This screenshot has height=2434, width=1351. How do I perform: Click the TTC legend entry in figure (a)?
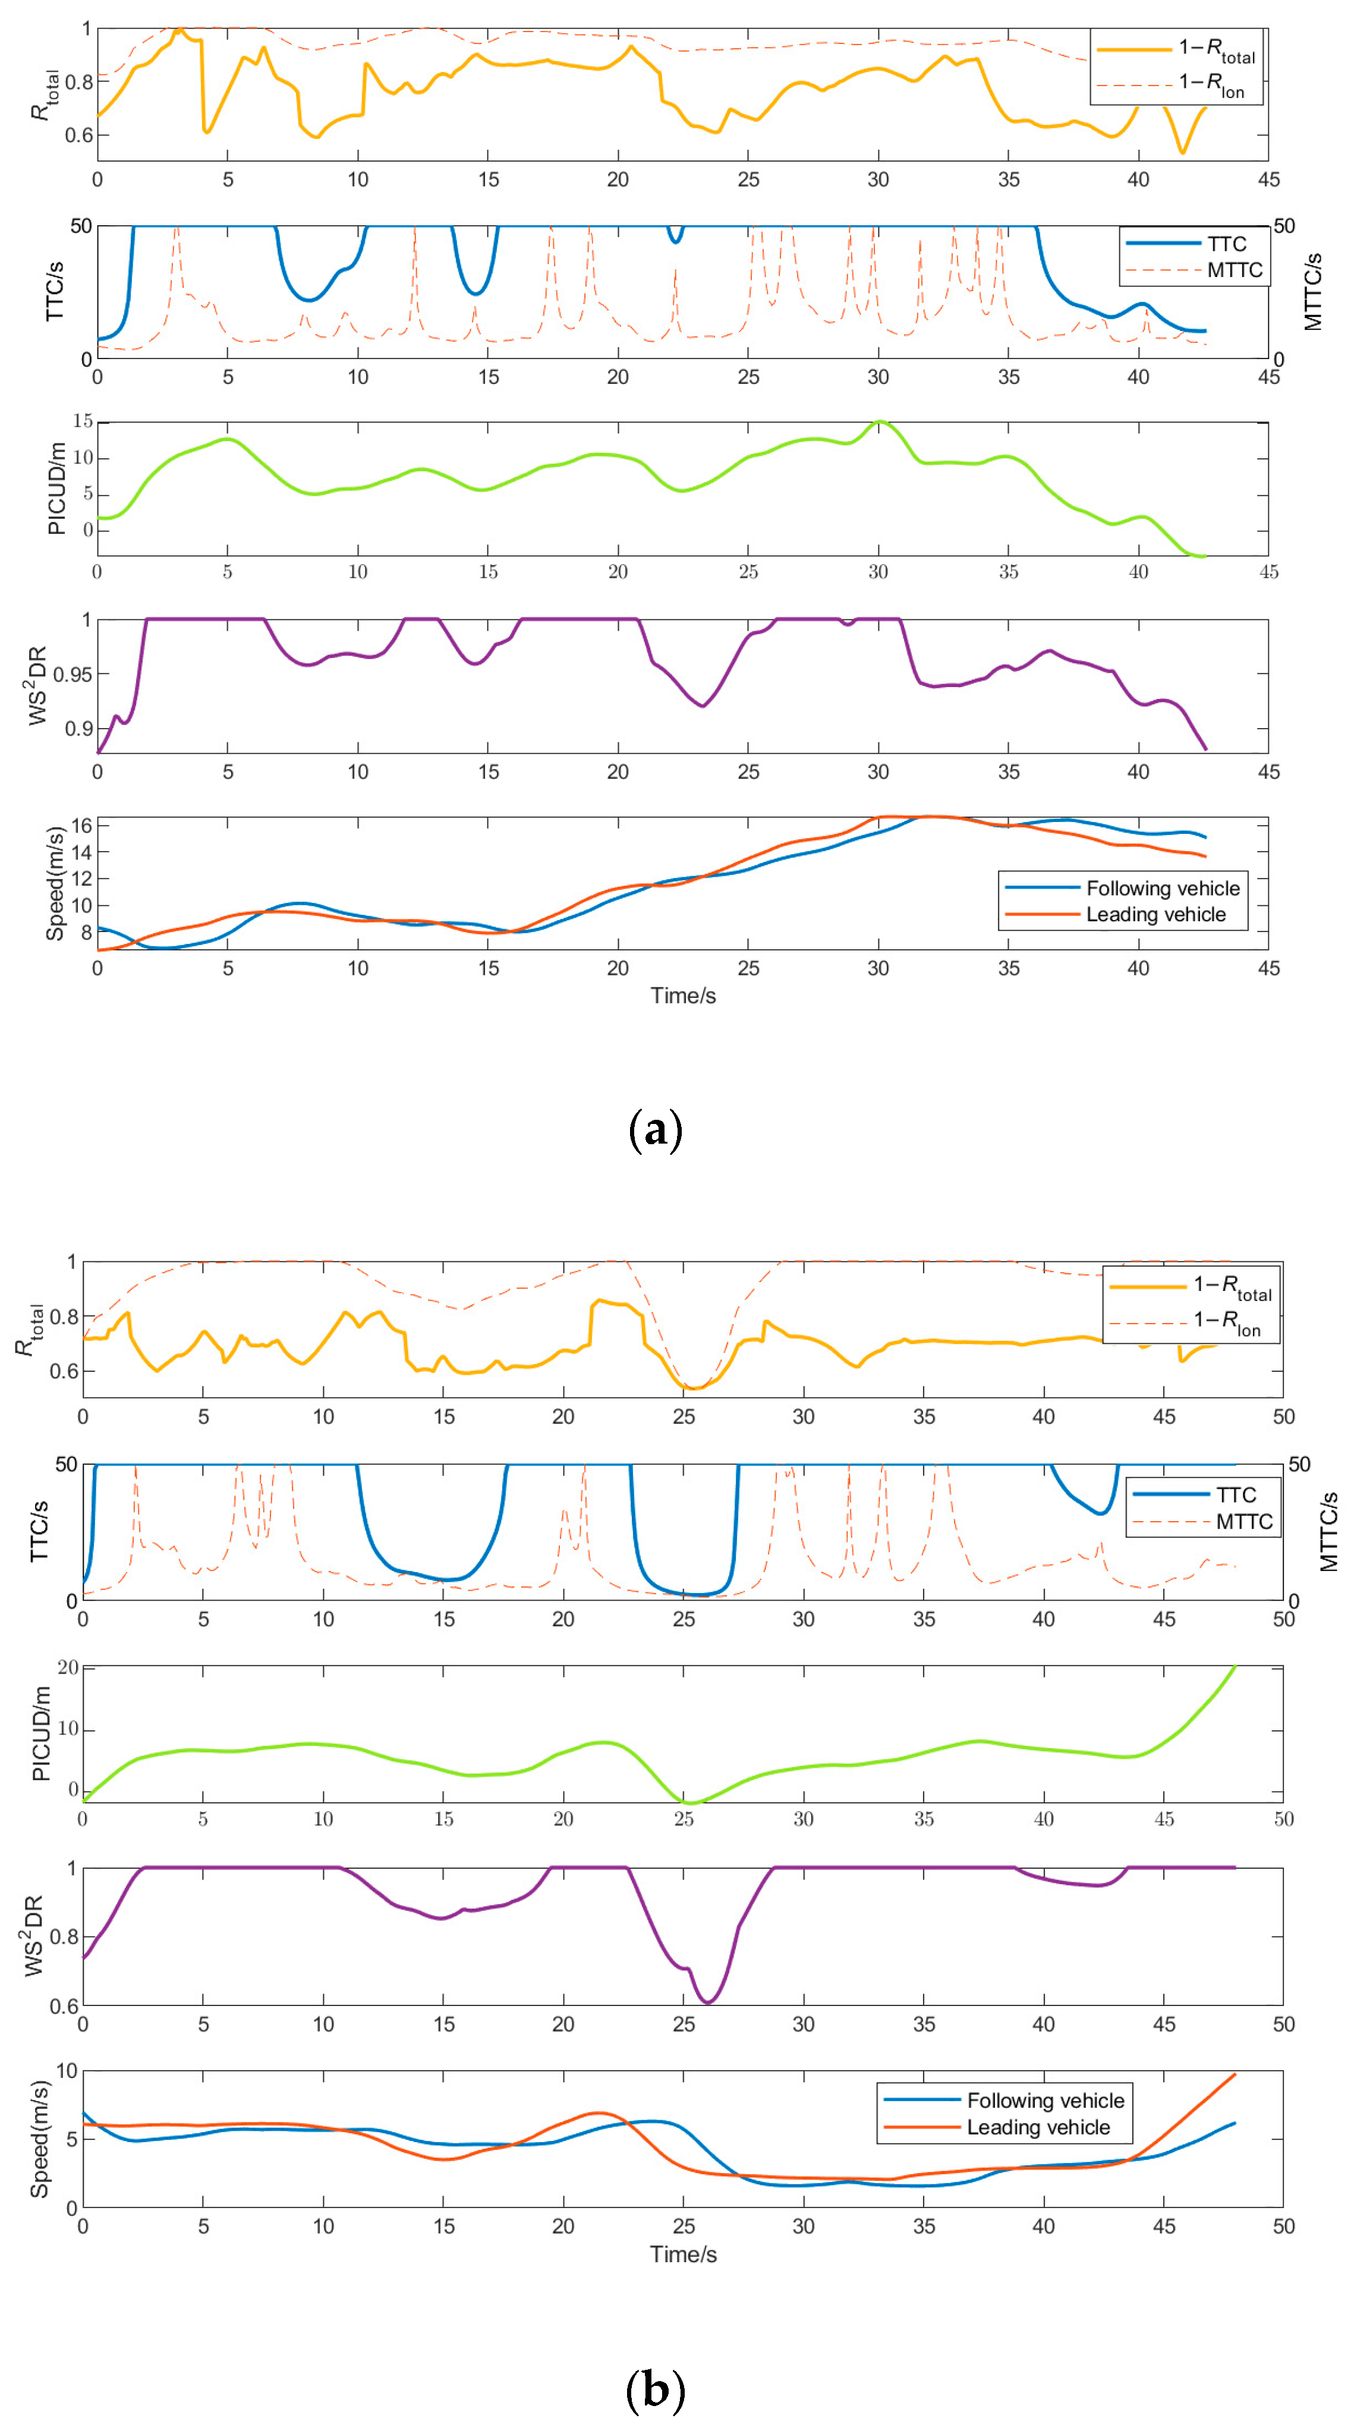point(1226,244)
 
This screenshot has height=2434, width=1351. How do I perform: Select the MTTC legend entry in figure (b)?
point(1243,1521)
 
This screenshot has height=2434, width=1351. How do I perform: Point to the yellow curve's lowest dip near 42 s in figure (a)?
point(1182,152)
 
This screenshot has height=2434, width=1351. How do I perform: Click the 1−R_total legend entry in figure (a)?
point(1216,50)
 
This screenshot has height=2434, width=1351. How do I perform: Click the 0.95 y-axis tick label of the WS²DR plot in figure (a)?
point(72,675)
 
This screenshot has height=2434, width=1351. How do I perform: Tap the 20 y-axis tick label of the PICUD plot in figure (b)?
point(68,1668)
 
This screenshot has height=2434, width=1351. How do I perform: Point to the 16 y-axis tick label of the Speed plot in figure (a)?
point(81,826)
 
